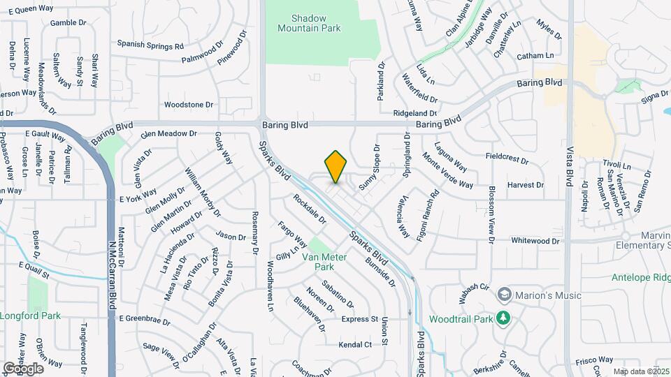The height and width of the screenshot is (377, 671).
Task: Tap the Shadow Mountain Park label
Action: click(309, 23)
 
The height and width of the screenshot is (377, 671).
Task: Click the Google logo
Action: click(23, 368)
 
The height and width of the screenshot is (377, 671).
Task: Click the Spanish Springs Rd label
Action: click(150, 44)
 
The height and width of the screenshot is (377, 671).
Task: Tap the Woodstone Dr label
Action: click(188, 105)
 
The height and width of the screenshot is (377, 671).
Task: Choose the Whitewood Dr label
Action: click(535, 241)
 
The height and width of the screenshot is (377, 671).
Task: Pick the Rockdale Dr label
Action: click(310, 209)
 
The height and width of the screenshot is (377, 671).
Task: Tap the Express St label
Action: click(359, 319)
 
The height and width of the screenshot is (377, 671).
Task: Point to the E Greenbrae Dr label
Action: click(145, 319)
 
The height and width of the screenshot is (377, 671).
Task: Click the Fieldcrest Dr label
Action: click(506, 158)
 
